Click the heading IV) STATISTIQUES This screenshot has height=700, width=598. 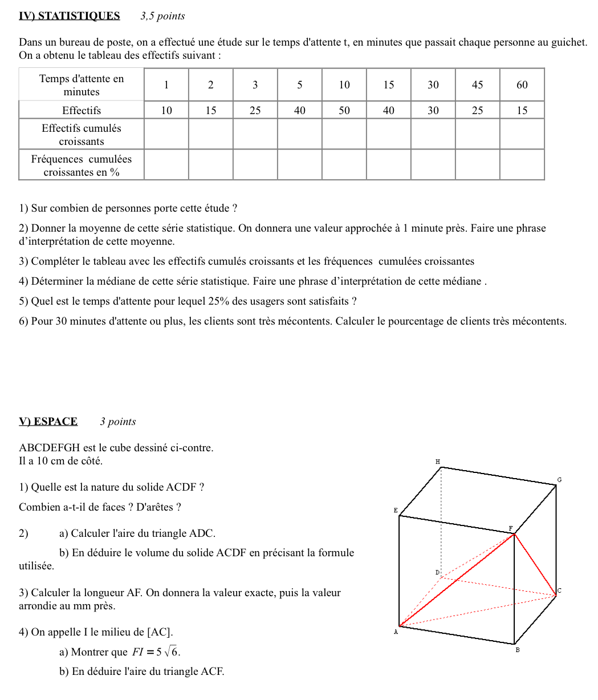click(x=69, y=16)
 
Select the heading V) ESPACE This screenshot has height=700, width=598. click(x=48, y=422)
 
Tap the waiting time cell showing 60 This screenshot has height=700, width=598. click(x=522, y=85)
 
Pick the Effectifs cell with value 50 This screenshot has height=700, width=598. click(x=344, y=111)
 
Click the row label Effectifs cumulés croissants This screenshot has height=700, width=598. click(x=82, y=135)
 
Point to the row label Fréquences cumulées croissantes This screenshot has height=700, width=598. click(x=82, y=165)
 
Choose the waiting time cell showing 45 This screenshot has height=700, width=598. click(x=477, y=85)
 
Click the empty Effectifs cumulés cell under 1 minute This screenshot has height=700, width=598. click(x=166, y=135)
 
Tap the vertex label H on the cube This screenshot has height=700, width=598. click(x=438, y=461)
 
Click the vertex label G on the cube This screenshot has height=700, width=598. click(x=559, y=480)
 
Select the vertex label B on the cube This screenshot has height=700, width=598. click(x=517, y=650)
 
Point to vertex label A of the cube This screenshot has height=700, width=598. click(x=395, y=632)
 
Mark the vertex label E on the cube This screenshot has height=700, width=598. click(x=396, y=511)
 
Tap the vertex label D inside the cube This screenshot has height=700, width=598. click(x=437, y=572)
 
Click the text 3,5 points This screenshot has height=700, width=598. click(x=162, y=17)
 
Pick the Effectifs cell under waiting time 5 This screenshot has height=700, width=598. click(x=299, y=111)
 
